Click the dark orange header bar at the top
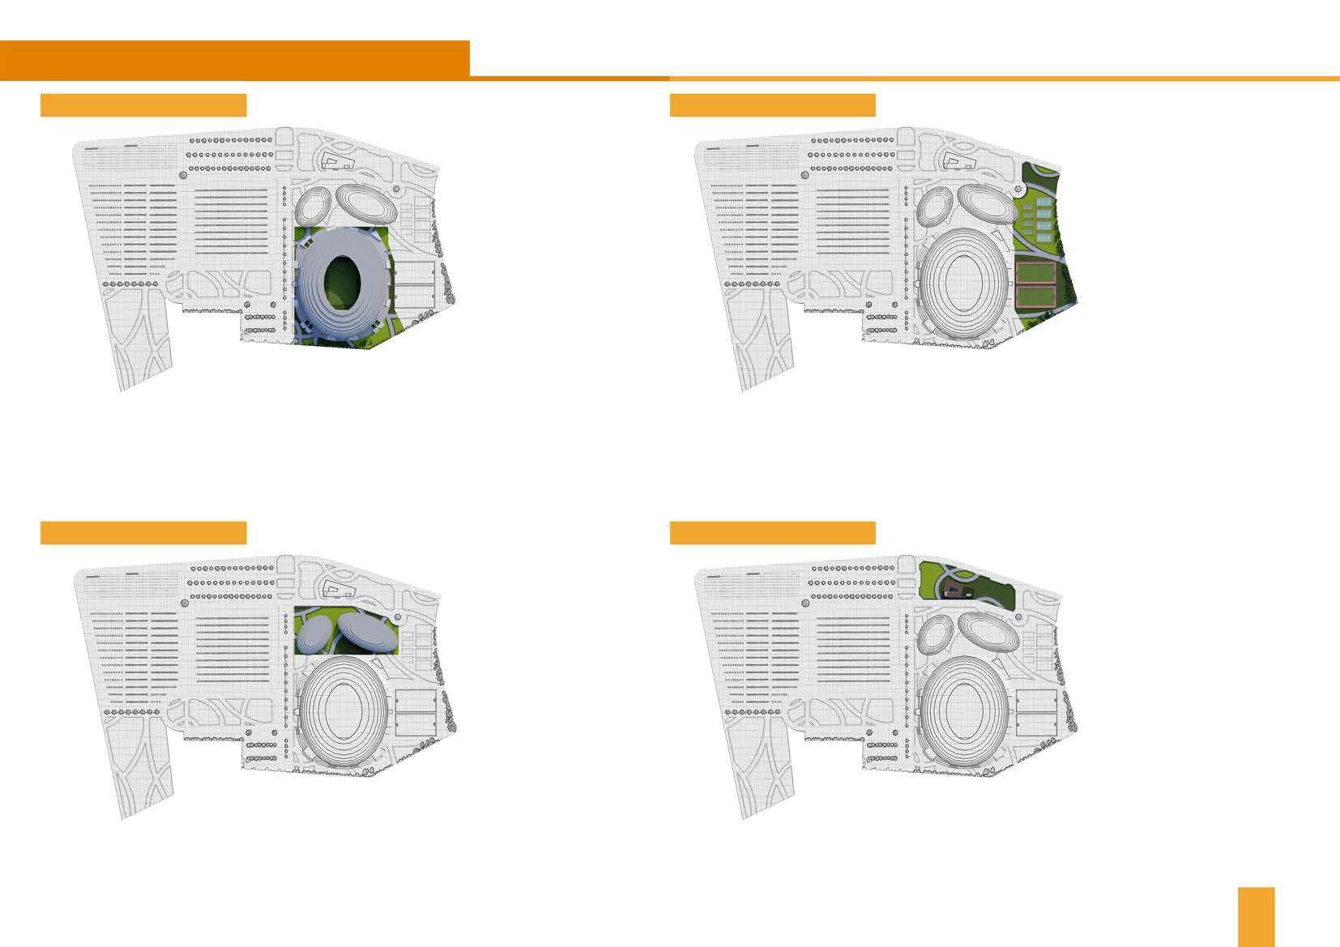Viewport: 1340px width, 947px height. click(235, 59)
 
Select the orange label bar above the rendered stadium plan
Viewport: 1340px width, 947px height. click(143, 105)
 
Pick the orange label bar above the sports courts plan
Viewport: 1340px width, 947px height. click(772, 105)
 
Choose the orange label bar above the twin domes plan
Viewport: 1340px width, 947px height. click(143, 533)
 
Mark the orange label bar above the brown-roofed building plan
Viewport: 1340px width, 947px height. click(772, 533)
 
